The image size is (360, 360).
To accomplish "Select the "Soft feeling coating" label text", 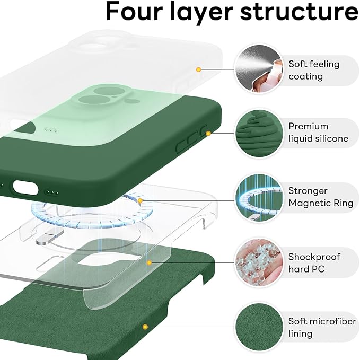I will (x=314, y=70).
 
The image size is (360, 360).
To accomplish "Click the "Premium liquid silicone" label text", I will (x=318, y=133).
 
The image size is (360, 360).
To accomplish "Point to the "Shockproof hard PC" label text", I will (x=314, y=263).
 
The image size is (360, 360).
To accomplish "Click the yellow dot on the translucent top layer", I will (x=198, y=69).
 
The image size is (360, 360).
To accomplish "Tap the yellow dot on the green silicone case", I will (x=208, y=133).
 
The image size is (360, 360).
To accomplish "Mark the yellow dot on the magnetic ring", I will (x=140, y=201).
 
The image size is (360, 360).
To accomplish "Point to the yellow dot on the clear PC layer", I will (x=150, y=262).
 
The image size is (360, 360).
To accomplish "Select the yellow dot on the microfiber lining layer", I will (x=144, y=327).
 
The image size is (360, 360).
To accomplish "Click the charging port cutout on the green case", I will (x=25, y=187).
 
